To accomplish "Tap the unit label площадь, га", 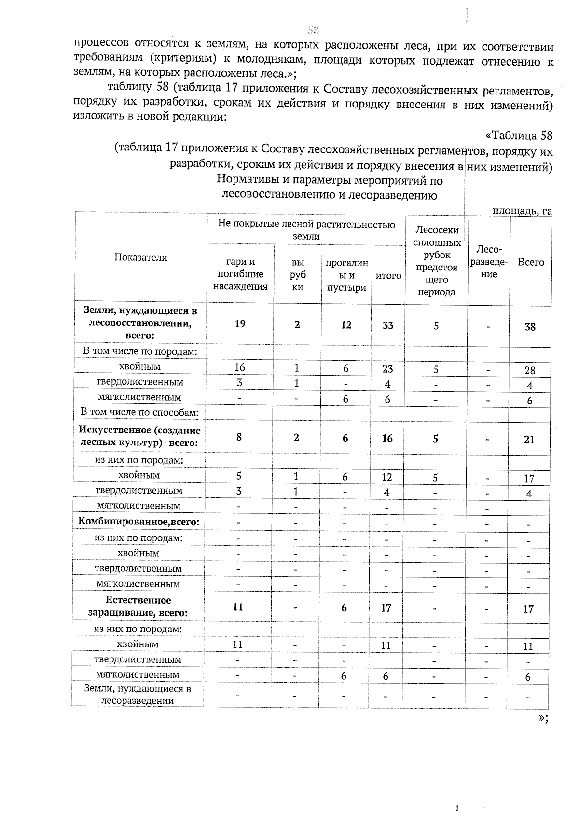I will pos(522,211).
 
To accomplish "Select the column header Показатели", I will pos(141,257).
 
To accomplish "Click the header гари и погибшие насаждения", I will pos(240,274).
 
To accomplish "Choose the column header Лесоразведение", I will pos(489,262).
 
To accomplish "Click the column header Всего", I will pos(531,262).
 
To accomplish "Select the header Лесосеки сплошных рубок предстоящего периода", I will pos(437,261).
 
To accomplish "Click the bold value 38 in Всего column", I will pos(530,327).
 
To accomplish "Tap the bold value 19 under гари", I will pos(240,324).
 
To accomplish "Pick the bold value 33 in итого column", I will pos(388,326).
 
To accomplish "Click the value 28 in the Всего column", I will pos(530,370).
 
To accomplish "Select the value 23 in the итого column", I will pos(387,369).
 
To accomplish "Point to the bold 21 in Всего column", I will pos(529,439).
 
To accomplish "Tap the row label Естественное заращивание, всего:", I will pos(138,606).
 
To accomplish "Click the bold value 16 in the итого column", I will pos(387,438).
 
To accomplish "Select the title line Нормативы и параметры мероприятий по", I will pos(330,181).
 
